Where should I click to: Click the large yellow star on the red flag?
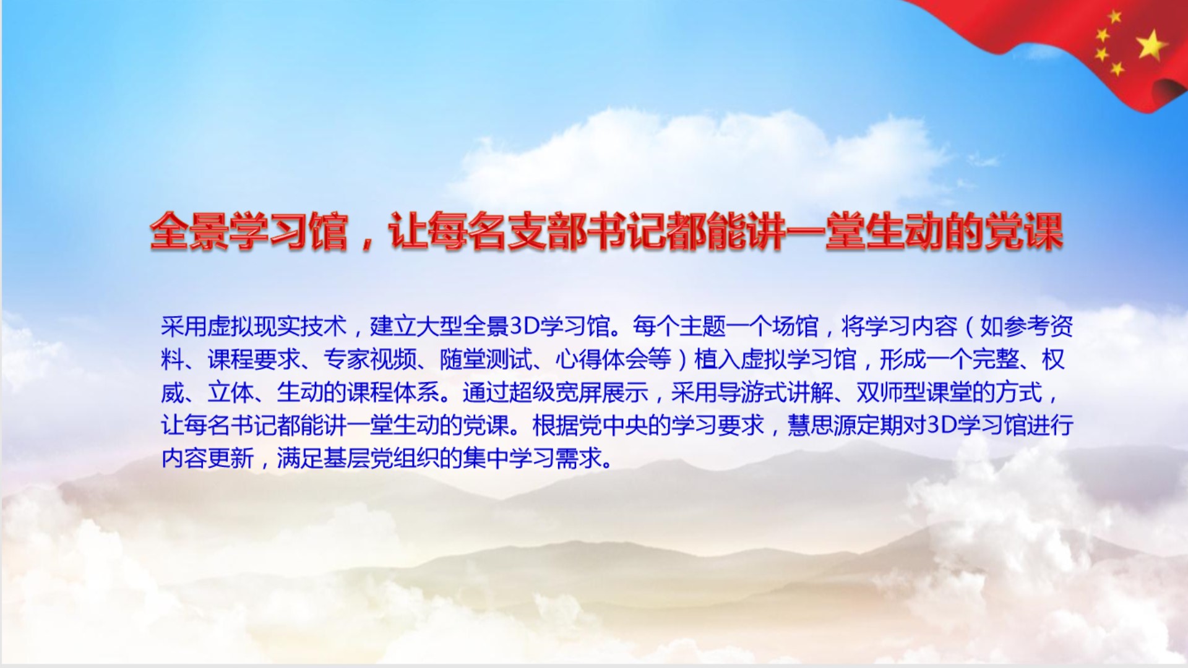pos(1151,45)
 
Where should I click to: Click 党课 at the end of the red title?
pos(1023,232)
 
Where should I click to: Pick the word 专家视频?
pos(369,359)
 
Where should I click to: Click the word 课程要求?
pos(254,359)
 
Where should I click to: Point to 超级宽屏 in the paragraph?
pos(555,392)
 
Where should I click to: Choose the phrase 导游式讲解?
pos(775,392)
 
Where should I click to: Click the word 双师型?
pos(891,392)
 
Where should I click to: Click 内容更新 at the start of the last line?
pos(207,458)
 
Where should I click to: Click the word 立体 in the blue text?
pos(230,392)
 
